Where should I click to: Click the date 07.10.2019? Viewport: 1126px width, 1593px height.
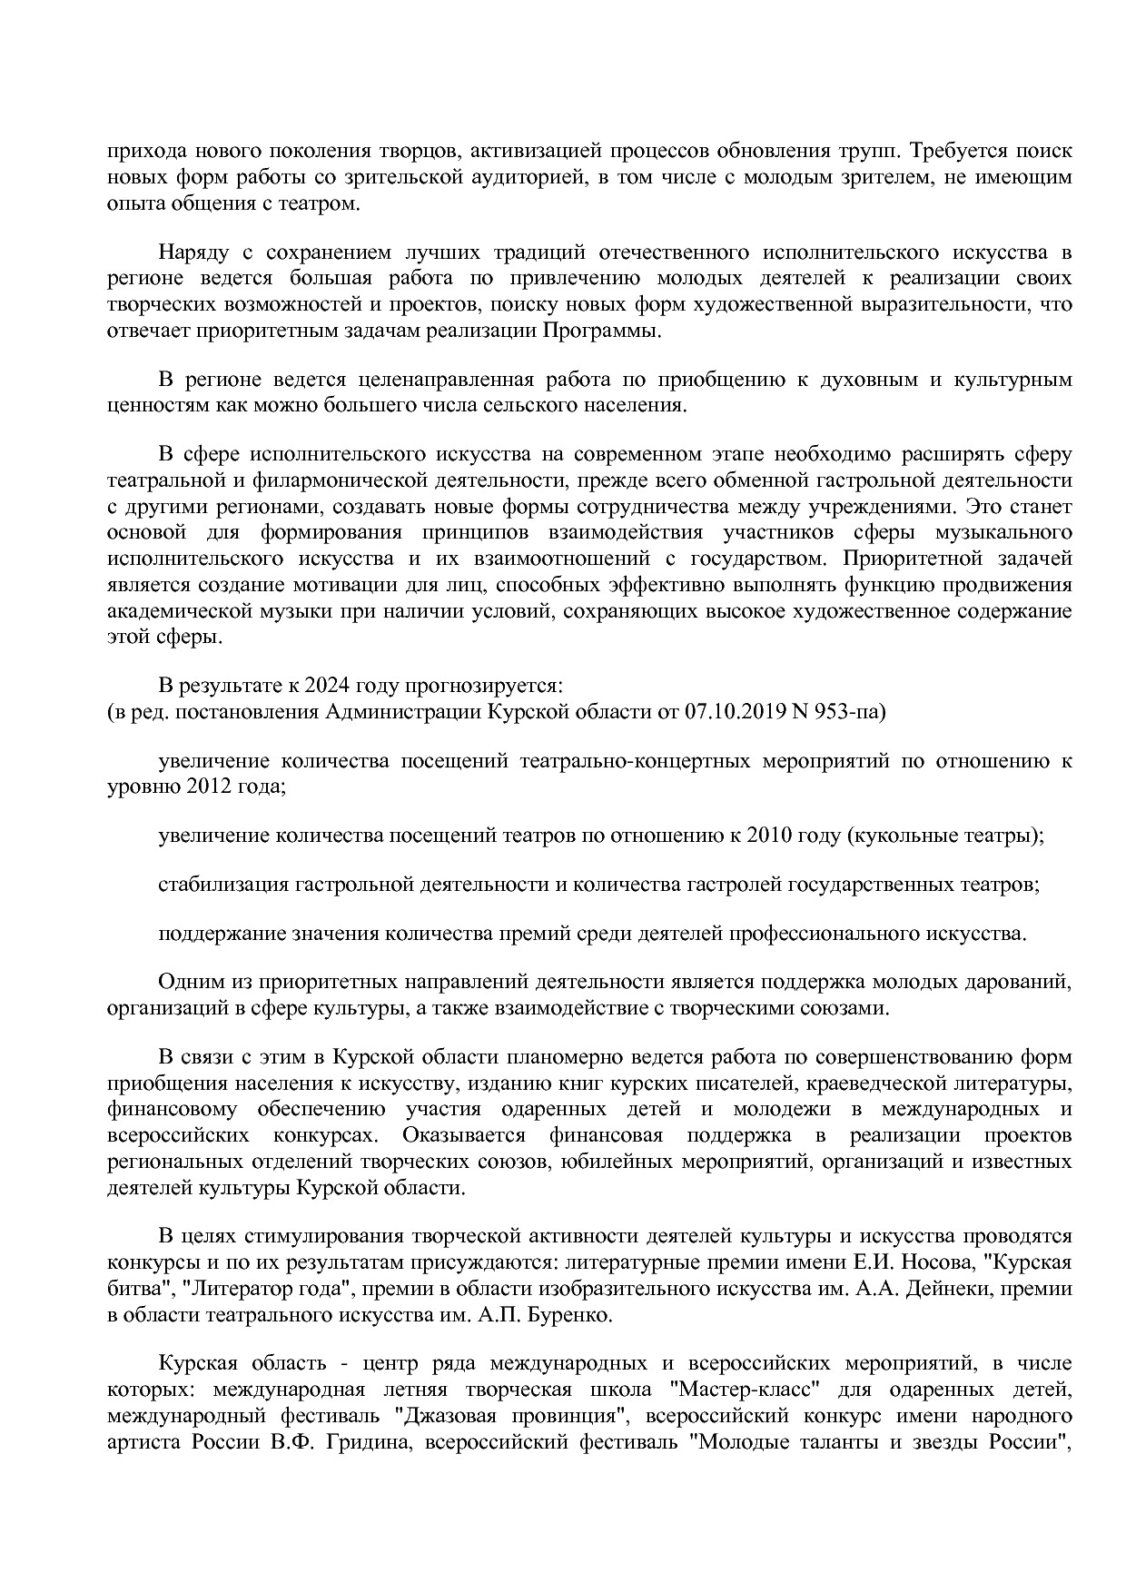point(736,711)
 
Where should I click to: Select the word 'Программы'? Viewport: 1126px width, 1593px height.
point(602,331)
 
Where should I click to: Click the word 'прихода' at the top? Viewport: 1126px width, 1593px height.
point(138,150)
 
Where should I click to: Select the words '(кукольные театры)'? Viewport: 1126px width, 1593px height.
point(944,836)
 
